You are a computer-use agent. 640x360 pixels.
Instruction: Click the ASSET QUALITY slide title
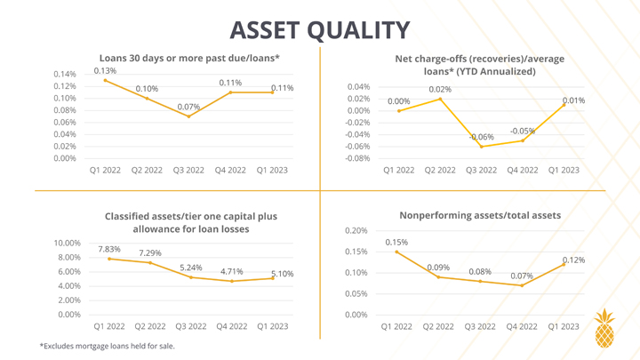320,30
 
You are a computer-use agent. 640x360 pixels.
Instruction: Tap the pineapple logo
604,328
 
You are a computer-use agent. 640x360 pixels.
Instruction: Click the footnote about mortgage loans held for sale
107,346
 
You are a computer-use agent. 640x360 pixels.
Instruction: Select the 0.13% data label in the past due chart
105,70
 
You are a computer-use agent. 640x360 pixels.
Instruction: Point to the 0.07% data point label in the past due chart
188,107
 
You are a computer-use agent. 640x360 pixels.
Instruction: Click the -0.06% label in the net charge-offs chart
481,137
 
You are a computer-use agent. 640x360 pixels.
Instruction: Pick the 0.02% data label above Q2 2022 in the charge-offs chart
440,90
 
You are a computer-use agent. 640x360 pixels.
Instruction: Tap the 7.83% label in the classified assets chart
109,249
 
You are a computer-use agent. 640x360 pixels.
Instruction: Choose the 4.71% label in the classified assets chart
231,271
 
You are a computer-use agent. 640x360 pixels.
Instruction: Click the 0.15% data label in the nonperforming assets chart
396,243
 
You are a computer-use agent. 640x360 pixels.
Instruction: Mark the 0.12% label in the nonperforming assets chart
573,260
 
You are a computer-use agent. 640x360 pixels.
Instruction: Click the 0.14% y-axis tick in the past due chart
65,75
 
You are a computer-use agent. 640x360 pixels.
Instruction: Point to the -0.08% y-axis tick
357,158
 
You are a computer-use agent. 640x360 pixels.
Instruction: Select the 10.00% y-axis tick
68,244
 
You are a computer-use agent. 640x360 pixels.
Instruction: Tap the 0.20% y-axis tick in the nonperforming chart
356,230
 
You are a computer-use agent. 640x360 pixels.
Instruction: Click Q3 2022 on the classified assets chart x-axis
190,326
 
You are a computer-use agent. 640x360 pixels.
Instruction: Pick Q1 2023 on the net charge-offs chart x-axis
564,170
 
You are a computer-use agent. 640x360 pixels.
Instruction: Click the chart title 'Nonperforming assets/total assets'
480,215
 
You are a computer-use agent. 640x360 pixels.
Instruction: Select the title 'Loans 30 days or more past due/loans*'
189,59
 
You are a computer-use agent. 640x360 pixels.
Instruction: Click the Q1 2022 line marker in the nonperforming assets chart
396,252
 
